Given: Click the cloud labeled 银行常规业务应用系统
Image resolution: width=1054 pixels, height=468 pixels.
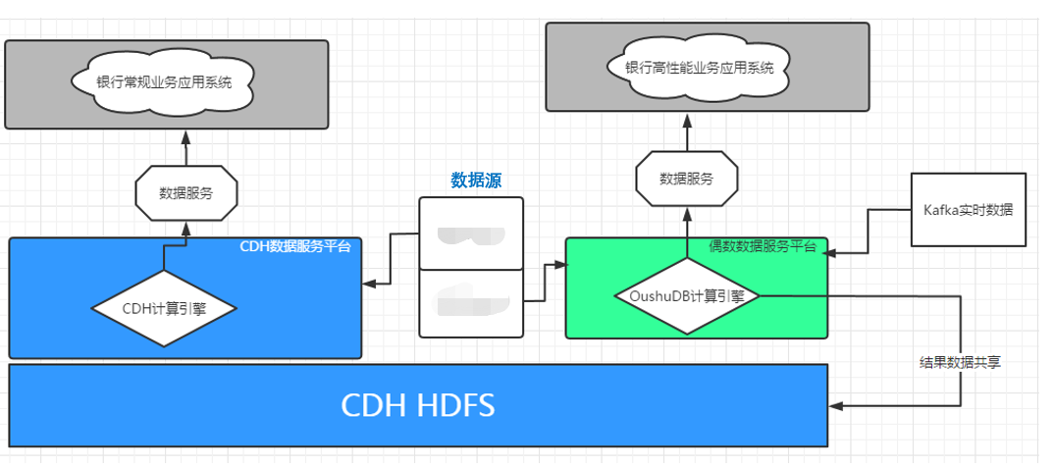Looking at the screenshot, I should (165, 82).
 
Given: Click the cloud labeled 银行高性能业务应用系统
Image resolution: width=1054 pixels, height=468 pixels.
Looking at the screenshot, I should (699, 68).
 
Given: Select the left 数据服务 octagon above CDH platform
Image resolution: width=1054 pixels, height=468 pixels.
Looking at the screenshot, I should (185, 192).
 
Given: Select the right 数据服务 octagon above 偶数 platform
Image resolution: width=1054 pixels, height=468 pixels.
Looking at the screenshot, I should (686, 179).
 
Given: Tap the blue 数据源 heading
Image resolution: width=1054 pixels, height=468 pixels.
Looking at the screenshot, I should (476, 181).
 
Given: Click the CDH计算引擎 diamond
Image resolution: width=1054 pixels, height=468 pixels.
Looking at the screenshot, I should (164, 308).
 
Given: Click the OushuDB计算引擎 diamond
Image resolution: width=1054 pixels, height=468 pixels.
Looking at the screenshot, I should (686, 294).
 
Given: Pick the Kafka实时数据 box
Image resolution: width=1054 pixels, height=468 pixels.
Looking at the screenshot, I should (968, 210).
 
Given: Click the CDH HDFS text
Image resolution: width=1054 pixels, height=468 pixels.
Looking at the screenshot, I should (417, 404).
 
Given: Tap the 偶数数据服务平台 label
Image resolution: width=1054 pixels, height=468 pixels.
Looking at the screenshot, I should (763, 246).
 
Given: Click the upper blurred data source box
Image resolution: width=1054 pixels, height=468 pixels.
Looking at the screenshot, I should (471, 234).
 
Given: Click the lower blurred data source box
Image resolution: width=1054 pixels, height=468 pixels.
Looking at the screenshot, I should (471, 302).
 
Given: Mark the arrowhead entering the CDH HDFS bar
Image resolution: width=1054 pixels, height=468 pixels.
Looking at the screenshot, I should (835, 404).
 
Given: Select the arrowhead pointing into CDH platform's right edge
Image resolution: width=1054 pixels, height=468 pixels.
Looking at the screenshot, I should (368, 284).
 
